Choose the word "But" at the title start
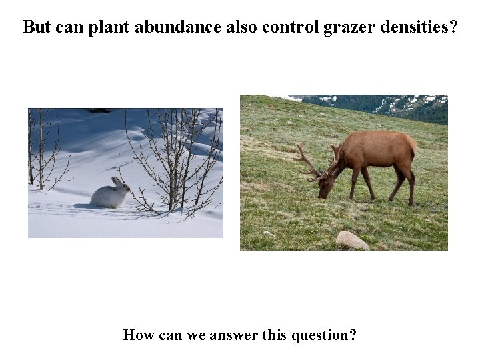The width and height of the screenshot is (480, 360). [x=37, y=27]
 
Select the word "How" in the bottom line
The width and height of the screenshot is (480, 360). [x=138, y=335]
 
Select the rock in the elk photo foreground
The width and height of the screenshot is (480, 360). [x=352, y=240]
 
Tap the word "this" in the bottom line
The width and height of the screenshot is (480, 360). [x=275, y=335]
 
